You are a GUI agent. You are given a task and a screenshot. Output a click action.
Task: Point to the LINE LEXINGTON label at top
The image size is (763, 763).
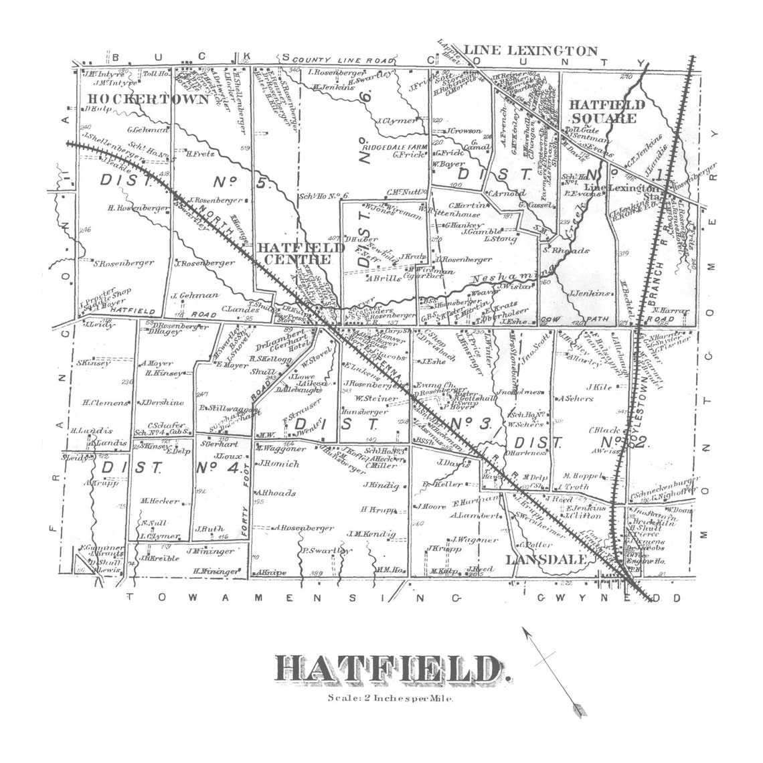pos(530,51)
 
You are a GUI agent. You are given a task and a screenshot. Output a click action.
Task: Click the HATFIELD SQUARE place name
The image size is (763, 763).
pos(606,111)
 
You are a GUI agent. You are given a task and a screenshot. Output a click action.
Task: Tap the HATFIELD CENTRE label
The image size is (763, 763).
pos(301,253)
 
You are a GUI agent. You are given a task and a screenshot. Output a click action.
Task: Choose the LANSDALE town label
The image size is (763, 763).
pos(546,559)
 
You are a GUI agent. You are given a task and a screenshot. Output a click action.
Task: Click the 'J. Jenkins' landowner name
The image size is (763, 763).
pos(589,293)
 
